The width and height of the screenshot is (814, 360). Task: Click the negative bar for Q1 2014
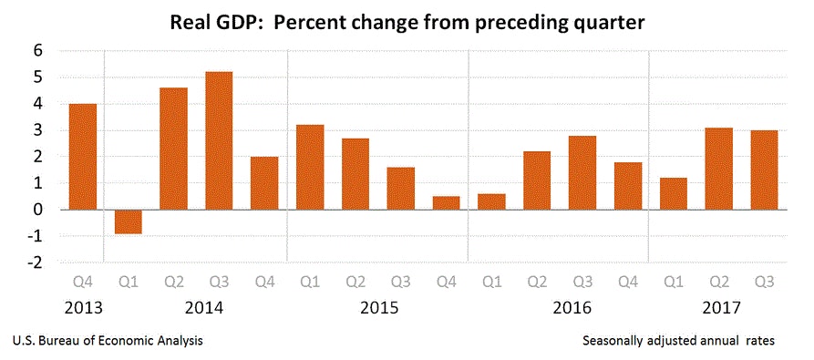(128, 221)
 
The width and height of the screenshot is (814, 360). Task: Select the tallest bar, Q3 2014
(219, 140)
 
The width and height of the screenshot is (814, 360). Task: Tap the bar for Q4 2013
(83, 157)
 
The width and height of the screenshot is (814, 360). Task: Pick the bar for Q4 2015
(446, 202)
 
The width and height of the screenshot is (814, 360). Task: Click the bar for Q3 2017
(763, 170)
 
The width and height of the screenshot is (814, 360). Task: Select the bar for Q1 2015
(310, 167)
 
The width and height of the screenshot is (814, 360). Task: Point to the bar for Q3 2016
(582, 172)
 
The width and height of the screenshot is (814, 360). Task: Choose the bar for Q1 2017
(672, 193)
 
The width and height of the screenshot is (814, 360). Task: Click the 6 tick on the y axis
(39, 51)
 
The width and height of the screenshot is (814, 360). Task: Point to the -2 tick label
(36, 262)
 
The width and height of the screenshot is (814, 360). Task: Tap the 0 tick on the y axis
(39, 210)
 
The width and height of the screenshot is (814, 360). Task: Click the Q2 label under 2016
(536, 282)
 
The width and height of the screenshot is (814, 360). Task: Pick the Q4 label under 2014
(264, 282)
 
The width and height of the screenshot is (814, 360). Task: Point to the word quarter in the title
(604, 21)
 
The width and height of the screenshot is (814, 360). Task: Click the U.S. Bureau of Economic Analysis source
(108, 340)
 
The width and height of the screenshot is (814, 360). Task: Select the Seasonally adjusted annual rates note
(678, 340)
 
